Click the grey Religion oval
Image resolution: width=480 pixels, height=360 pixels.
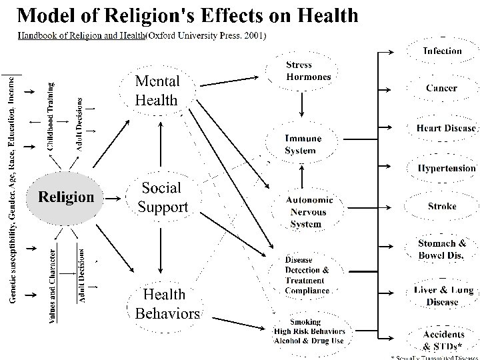coord(65,197)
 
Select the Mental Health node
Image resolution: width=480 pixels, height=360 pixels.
coord(157,91)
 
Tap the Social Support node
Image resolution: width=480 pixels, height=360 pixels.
coord(162,197)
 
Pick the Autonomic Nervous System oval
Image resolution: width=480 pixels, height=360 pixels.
coord(306,211)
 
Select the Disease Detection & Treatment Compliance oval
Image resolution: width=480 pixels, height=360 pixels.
coord(307,275)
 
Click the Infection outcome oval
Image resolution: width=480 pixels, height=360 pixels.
coord(442,51)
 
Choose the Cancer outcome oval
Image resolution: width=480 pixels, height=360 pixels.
coord(442,88)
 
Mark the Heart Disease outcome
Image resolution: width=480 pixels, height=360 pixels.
coord(446,128)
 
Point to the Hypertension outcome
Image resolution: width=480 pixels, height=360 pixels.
coord(446,168)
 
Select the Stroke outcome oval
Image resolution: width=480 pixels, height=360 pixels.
coord(442,207)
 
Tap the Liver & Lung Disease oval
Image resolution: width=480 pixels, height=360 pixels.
coord(442,295)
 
